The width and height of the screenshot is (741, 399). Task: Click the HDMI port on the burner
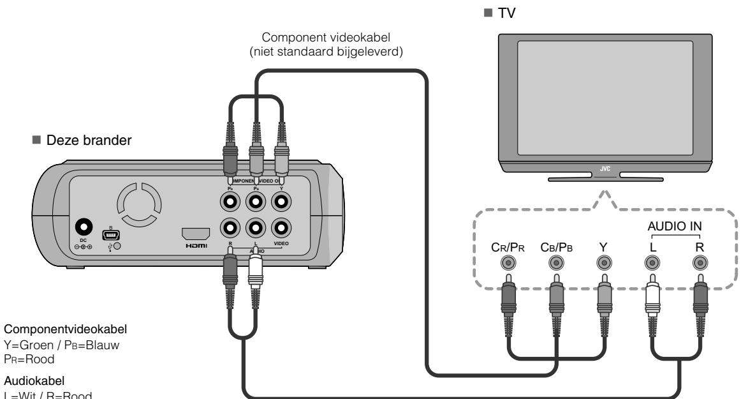click(x=196, y=233)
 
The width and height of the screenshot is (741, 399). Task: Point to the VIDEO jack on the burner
click(x=281, y=227)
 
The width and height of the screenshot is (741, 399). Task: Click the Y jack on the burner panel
click(x=281, y=202)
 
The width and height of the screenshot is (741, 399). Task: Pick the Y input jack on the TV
click(x=603, y=262)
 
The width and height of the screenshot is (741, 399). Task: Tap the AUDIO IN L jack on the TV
click(x=651, y=262)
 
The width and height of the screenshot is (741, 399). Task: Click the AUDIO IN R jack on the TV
click(x=700, y=262)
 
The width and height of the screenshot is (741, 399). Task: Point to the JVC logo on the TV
click(x=605, y=170)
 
